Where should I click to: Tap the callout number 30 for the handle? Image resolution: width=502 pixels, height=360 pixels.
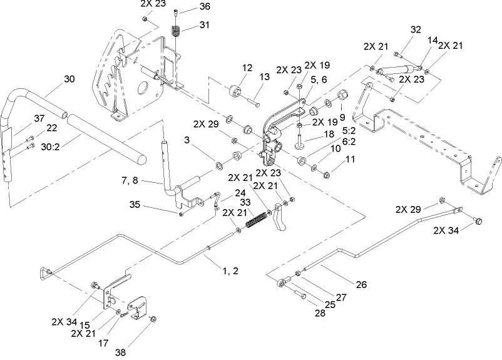coord(69,80)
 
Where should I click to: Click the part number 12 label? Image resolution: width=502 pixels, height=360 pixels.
coord(247,68)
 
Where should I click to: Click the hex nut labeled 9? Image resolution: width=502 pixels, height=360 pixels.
coord(344,96)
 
